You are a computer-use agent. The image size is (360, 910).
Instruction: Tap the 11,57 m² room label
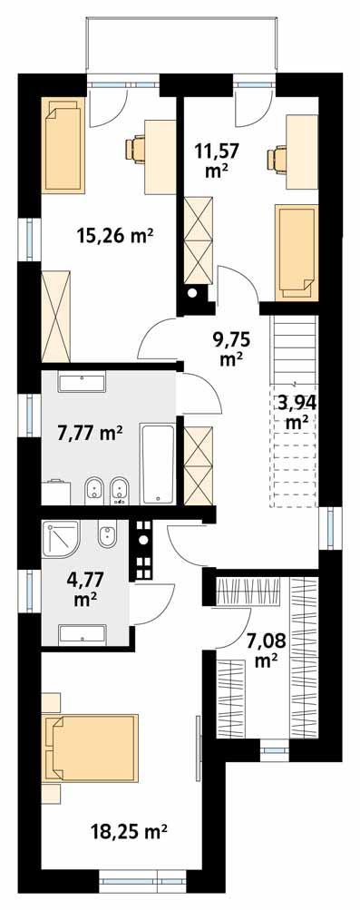tap(214, 157)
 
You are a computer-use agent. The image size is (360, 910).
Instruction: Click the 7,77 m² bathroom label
tap(90, 434)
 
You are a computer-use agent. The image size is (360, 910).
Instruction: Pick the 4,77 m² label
tap(86, 585)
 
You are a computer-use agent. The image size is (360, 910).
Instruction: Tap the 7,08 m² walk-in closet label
tap(266, 651)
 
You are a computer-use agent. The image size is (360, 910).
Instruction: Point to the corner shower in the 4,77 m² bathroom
tap(61, 540)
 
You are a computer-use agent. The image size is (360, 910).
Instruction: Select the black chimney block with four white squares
tap(142, 549)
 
